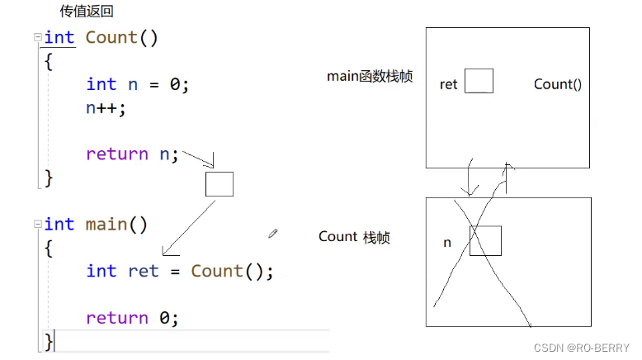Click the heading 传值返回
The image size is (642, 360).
tap(87, 12)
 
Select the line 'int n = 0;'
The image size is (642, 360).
tap(137, 84)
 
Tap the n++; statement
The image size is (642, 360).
tap(106, 107)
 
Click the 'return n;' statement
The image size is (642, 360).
tap(132, 154)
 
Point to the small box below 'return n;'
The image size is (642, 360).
tap(220, 184)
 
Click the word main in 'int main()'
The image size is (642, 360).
tap(106, 225)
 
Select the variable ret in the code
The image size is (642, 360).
tap(143, 272)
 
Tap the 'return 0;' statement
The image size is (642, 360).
tap(132, 318)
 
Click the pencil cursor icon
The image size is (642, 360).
tap(273, 234)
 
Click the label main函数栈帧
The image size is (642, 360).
tap(370, 77)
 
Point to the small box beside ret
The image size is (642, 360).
tap(479, 81)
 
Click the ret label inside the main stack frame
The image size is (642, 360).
tap(448, 84)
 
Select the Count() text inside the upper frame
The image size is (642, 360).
tap(557, 84)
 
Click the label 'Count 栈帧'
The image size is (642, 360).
tap(354, 237)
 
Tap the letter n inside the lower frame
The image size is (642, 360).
tap(447, 244)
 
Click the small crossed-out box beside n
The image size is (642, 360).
tap(485, 240)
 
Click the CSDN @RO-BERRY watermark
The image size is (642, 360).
tap(582, 348)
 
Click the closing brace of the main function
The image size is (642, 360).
tap(49, 340)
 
